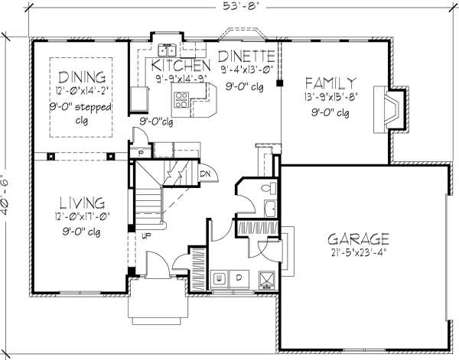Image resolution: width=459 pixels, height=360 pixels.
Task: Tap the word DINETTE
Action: point(246,56)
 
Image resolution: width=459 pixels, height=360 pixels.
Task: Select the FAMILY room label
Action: point(330,82)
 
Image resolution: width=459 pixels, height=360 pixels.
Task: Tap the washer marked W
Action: point(220,277)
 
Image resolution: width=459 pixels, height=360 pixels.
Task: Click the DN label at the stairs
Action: point(205,174)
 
